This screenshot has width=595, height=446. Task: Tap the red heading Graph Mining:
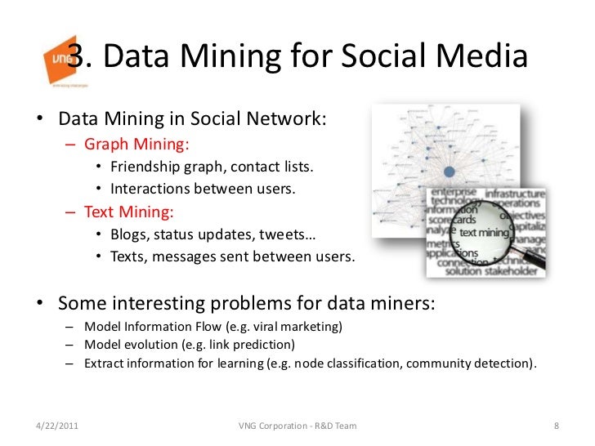(x=136, y=145)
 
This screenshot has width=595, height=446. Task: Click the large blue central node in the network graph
(x=448, y=172)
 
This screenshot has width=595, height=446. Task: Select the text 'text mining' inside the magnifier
(x=484, y=233)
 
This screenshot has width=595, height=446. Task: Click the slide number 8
(x=556, y=426)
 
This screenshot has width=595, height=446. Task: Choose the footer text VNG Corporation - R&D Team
(x=297, y=426)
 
